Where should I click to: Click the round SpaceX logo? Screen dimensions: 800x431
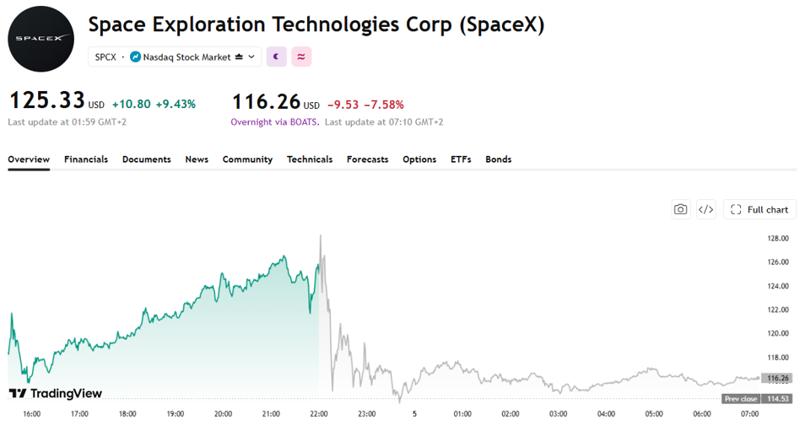point(41,39)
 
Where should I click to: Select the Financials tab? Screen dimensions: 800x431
point(86,159)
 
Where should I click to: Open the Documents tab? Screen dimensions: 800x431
point(147,159)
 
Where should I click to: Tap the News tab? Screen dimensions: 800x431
point(197,159)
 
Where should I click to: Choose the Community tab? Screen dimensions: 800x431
point(247,159)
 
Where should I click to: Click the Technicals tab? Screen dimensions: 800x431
point(310,159)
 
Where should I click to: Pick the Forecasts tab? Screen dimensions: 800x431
point(367,159)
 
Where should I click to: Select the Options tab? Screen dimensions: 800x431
point(419,159)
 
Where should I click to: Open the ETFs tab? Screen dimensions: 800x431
point(461,159)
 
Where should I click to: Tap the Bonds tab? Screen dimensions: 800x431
point(499,159)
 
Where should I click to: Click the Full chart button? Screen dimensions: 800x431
point(759,210)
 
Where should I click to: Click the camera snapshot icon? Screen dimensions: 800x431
point(681,210)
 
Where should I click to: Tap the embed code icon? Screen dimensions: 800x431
point(706,210)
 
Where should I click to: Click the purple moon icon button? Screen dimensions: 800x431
point(277,57)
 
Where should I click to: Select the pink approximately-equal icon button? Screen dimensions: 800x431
point(301,57)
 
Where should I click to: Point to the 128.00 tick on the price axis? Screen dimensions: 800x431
point(777,238)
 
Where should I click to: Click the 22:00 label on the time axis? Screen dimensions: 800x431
point(319,413)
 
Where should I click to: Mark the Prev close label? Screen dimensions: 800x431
point(741,399)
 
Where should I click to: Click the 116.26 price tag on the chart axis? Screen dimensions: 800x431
point(778,378)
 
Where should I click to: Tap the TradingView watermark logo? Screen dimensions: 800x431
point(56,393)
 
